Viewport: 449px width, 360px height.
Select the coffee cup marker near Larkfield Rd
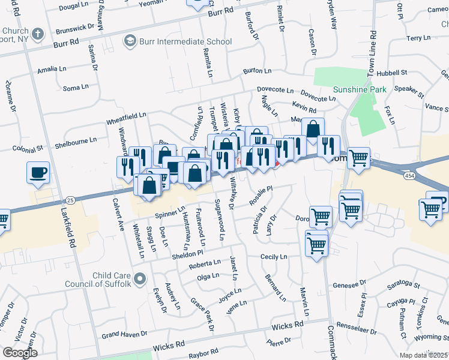click(x=38, y=173)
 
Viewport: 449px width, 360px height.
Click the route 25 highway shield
click(x=70, y=199)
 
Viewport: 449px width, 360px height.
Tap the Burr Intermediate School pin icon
click(x=129, y=41)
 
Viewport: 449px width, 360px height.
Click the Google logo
click(x=20, y=352)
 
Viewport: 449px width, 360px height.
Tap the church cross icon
click(x=37, y=34)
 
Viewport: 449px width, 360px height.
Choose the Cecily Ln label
click(x=274, y=256)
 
